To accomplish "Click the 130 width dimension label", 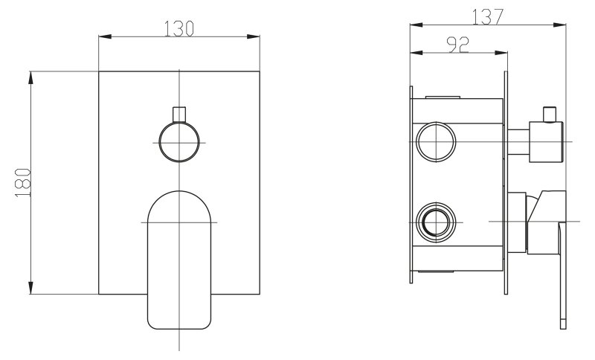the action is [178, 29].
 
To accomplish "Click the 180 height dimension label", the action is [24, 183].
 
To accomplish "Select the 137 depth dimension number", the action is [488, 16].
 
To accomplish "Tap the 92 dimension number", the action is [458, 45].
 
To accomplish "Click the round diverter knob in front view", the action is [179, 142].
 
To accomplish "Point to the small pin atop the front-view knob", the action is [179, 115].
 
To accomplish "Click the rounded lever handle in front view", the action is [178, 260].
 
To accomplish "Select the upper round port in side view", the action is [436, 142].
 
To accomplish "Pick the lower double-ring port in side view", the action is [436, 222].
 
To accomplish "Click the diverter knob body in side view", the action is [546, 142].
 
